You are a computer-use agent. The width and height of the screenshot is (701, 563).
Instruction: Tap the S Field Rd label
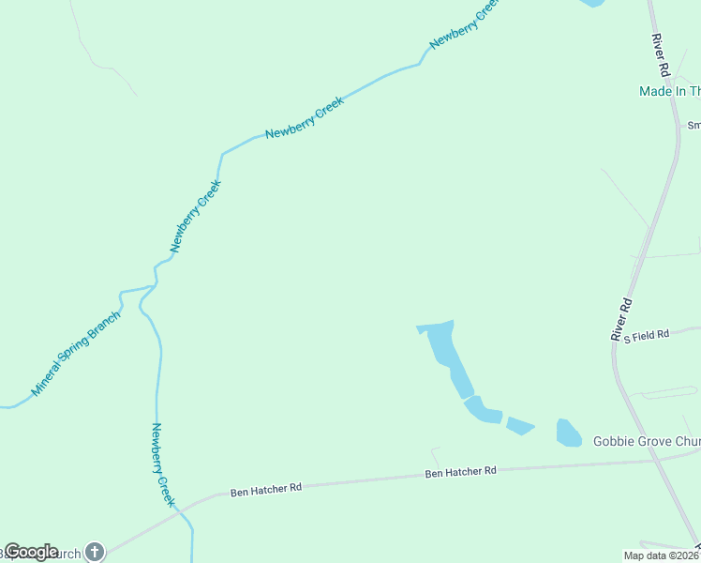647,334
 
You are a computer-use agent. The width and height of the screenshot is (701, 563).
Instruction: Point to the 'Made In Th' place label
669,91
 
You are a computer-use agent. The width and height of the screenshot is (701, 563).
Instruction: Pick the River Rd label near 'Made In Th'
662,56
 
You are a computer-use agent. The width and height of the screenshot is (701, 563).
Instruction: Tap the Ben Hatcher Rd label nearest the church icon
267,489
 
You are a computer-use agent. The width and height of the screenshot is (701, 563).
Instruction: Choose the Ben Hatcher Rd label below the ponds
460,472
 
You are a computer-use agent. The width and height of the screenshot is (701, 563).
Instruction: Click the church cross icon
94,552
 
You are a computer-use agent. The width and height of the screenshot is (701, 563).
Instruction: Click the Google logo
31,552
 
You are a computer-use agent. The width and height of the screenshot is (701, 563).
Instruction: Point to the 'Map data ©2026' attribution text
662,555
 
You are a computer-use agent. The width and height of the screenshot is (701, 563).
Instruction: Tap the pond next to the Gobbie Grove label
569,433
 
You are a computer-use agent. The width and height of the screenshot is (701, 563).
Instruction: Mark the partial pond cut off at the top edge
591,3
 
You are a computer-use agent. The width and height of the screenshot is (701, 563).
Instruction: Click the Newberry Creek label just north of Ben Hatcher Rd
163,465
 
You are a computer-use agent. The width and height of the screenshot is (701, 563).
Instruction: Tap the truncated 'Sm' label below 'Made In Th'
694,125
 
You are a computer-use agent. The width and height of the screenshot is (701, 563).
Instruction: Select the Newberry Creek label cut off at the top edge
463,24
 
